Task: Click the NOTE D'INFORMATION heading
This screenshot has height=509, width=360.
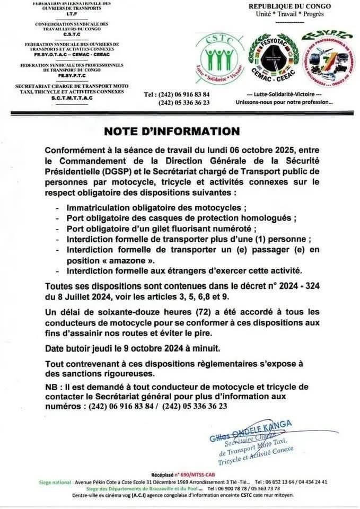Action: (x=171, y=131)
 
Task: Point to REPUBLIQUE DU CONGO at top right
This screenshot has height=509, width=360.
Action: (x=291, y=6)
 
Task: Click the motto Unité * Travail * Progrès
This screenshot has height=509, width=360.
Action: (x=290, y=14)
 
